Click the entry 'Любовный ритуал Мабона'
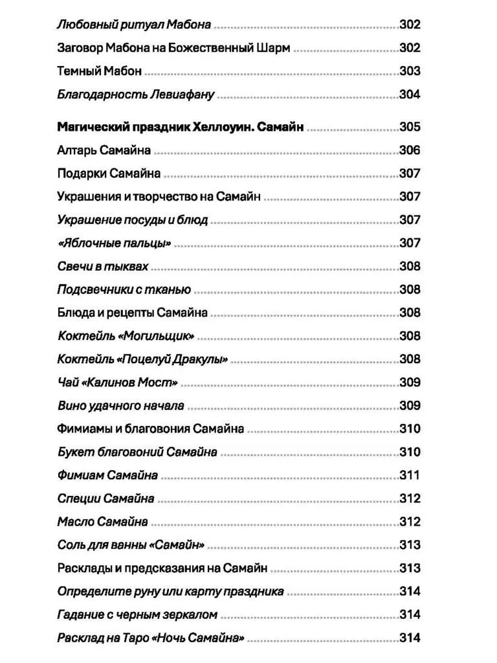point(134,25)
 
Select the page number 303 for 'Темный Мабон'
point(410,71)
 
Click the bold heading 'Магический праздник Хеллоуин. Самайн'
point(180,127)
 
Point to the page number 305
point(410,127)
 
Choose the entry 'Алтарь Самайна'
point(104,150)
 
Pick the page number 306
point(410,150)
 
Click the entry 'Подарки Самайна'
point(109,174)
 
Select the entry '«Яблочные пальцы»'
point(113,243)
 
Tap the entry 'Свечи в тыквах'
point(103,266)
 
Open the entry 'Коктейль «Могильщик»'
point(126,336)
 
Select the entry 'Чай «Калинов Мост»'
point(117,383)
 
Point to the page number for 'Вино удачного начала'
point(410,406)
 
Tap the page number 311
point(410,475)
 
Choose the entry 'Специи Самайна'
point(105,499)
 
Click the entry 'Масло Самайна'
point(102,522)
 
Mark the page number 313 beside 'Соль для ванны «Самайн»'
point(410,545)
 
